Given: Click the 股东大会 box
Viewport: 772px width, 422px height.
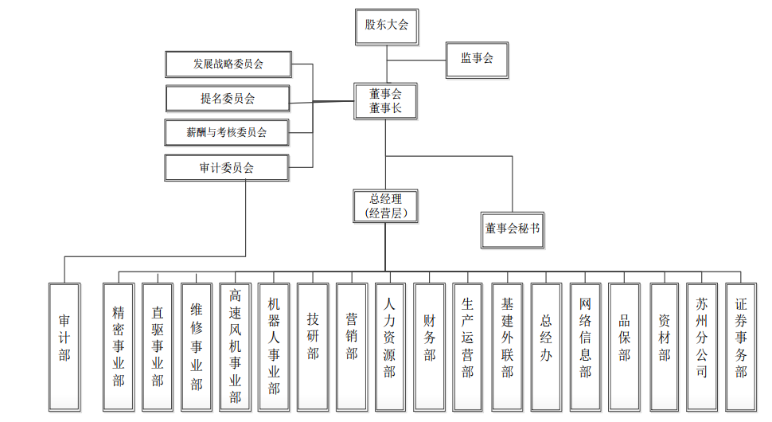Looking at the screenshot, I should [386, 25].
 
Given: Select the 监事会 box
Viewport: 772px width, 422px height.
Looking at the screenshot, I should [477, 59].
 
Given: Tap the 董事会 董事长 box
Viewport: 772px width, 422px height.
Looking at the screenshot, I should [385, 101].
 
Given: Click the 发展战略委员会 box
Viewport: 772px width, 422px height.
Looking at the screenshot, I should [228, 64].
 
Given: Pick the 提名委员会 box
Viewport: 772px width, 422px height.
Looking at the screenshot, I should [228, 99].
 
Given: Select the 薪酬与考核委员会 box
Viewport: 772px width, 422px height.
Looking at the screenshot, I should [227, 133].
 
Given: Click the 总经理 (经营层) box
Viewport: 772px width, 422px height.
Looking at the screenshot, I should [385, 205].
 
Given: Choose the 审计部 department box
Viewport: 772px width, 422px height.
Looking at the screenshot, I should [64, 347].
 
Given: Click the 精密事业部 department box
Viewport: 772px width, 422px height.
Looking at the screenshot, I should [119, 347].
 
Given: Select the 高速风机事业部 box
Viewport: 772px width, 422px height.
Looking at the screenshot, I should [236, 347].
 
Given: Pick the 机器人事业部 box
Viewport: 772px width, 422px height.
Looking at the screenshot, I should [275, 347].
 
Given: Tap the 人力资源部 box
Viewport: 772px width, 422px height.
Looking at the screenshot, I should [389, 347].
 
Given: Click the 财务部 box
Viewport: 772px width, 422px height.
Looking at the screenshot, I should [429, 347].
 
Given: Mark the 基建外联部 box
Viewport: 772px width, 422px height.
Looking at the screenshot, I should [507, 347].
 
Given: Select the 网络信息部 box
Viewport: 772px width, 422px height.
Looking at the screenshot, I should [585, 347].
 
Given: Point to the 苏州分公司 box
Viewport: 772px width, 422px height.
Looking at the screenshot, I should [701, 347].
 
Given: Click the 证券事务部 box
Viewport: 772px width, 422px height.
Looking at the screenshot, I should [741, 347].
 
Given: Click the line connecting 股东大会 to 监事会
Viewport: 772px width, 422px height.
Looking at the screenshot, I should [415, 60].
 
